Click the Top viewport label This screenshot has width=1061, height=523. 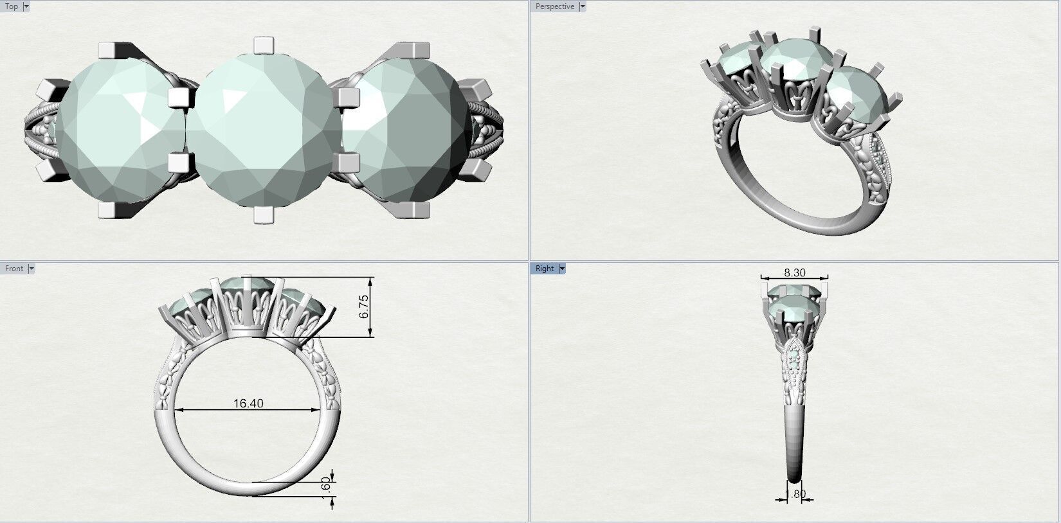pyautogui.click(x=12, y=6)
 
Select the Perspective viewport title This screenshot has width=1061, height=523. pyautogui.click(x=554, y=6)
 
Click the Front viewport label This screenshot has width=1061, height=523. pyautogui.click(x=14, y=269)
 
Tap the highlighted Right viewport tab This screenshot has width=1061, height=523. pyautogui.click(x=544, y=269)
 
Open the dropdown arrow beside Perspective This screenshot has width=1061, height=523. pyautogui.click(x=583, y=6)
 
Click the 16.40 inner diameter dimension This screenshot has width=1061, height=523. pyautogui.click(x=248, y=403)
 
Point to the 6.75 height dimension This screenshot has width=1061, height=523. pyautogui.click(x=365, y=306)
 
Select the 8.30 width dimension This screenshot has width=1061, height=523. pyautogui.click(x=794, y=272)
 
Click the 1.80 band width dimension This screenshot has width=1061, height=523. pyautogui.click(x=796, y=494)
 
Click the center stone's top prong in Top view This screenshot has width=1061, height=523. pyautogui.click(x=263, y=46)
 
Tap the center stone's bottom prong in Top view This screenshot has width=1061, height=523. pyautogui.click(x=263, y=215)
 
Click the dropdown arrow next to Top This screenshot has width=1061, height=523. pyautogui.click(x=26, y=6)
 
